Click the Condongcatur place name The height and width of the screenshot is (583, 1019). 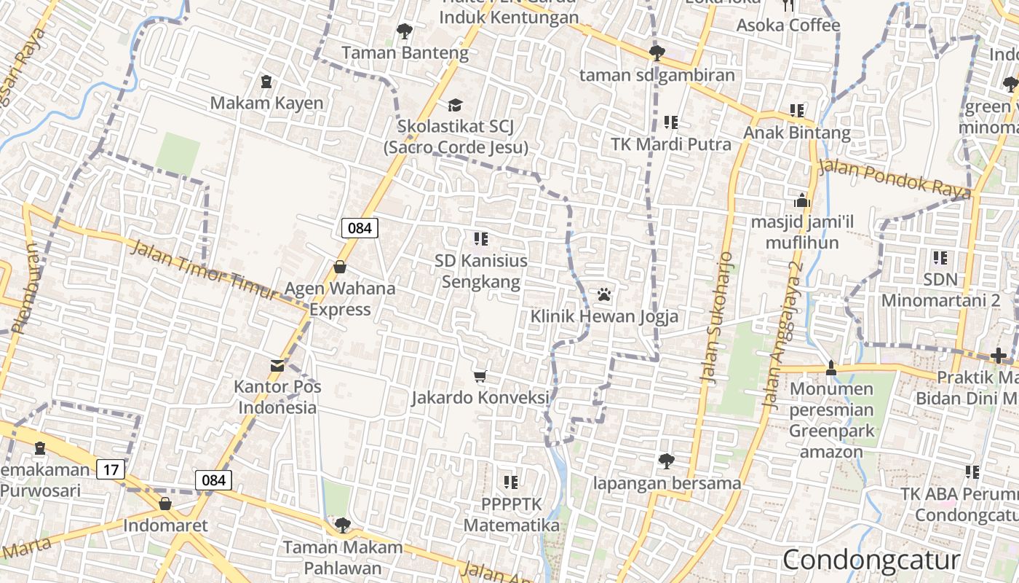[x=871, y=560]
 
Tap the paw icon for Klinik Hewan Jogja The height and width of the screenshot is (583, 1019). [x=604, y=295]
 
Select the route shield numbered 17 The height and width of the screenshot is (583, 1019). [x=111, y=469]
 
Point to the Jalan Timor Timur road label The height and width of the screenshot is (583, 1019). [x=205, y=270]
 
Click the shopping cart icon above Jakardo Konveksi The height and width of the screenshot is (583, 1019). [x=480, y=376]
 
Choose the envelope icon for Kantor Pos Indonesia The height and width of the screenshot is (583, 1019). [x=277, y=365]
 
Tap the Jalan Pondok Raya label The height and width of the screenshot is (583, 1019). [x=895, y=179]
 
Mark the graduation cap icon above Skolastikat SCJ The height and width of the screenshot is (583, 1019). [x=455, y=106]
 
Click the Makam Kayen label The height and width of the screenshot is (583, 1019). [x=266, y=103]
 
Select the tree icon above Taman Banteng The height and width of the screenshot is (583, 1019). [x=404, y=31]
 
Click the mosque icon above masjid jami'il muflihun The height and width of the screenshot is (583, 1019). [x=802, y=200]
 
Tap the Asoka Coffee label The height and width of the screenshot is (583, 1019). [x=788, y=26]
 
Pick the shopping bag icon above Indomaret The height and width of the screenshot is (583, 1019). [x=165, y=504]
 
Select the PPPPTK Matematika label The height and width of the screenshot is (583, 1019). [x=511, y=514]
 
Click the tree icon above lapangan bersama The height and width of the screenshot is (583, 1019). [x=666, y=461]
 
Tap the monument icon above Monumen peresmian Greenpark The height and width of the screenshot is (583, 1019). [x=831, y=368]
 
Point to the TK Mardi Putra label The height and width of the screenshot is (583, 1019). [x=671, y=144]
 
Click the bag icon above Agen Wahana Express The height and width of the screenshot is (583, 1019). [x=339, y=267]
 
